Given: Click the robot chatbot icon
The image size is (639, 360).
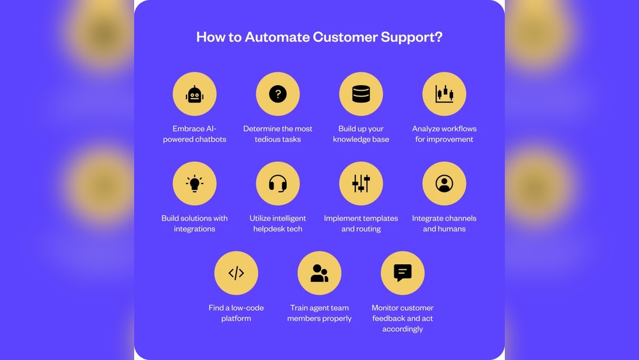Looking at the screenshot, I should coord(194,95).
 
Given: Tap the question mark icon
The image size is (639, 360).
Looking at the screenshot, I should coord(277,95).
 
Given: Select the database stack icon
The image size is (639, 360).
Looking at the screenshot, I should coord(361,95).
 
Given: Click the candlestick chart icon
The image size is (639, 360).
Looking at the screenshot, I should coord(444,95).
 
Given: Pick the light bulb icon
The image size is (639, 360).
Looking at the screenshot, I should coord(194,184).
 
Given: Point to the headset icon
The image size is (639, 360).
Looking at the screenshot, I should coord(277,184).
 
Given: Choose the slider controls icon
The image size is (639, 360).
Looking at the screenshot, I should coord(361,184).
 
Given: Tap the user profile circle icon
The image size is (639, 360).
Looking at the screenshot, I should coord(444,184).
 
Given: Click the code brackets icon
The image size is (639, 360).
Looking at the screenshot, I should coord(236,274).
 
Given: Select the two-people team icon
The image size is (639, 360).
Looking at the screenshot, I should coord(319,274).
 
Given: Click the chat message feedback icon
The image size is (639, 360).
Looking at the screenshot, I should coord(402,274).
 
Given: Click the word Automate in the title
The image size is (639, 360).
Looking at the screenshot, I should coord(277,37).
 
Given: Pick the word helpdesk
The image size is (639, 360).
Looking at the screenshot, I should coord(269,229).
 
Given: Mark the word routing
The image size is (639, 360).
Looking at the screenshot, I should coord(369,229).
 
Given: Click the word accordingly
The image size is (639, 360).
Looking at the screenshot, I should coord(403,329).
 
